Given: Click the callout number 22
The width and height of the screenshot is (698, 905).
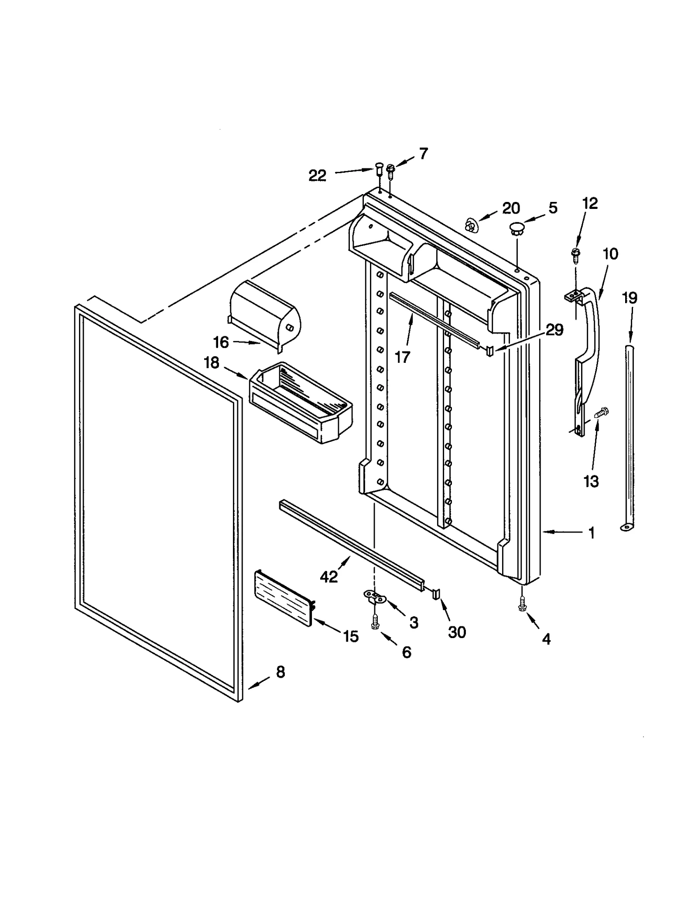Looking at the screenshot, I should point(317,175).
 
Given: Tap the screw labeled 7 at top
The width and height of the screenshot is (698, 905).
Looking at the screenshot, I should point(390,170).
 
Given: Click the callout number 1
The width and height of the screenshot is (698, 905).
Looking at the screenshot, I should point(592,533).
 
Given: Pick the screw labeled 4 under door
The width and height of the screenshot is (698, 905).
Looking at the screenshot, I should point(521,605).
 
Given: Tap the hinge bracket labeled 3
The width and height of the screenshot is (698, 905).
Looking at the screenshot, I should point(375,598).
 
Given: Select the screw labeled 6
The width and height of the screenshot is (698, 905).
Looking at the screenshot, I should point(374,623).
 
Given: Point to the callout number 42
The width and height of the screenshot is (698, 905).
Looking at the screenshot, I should point(328,577).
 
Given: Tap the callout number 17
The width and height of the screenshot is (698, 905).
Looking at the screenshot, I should point(402,357).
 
